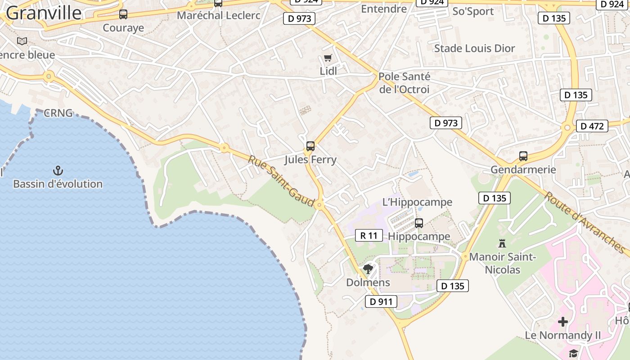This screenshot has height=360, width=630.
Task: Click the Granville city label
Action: point(44,13)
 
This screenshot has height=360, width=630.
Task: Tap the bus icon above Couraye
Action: point(123,14)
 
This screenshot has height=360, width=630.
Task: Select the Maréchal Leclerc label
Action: point(218,15)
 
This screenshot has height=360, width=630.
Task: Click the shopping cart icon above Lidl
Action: point(328,58)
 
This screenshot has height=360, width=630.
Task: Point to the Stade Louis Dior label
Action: point(474,48)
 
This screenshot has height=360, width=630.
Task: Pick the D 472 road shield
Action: point(592,126)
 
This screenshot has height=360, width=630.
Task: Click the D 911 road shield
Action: point(381,301)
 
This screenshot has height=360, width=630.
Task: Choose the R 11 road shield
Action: point(369,235)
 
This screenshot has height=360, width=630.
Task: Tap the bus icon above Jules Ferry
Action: point(310,146)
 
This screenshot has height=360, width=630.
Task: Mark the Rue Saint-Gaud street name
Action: point(281,181)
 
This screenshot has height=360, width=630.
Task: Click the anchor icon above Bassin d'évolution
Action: point(58,171)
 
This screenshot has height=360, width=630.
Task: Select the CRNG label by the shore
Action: point(58,113)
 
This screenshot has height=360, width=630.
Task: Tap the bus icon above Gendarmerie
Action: point(523,156)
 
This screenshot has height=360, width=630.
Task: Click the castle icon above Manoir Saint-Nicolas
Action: point(502,243)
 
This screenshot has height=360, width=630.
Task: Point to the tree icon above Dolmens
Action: point(368,269)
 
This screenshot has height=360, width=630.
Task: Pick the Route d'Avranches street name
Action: point(585,222)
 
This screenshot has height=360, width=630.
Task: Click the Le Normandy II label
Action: point(562,335)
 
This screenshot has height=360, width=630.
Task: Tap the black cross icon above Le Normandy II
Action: point(562,322)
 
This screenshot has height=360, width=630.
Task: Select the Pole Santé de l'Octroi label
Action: point(404,83)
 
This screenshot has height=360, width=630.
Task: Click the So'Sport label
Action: point(473,11)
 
